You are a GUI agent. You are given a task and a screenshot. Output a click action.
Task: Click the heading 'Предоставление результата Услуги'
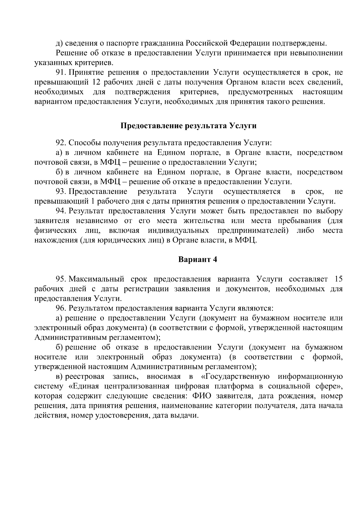click(x=188, y=126)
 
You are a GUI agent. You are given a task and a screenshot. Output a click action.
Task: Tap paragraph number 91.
click(x=61, y=73)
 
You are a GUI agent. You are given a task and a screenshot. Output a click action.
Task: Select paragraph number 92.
click(x=61, y=142)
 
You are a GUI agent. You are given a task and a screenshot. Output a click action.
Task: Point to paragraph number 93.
click(x=61, y=191)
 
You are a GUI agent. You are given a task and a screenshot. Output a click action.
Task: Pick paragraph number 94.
click(x=61, y=211)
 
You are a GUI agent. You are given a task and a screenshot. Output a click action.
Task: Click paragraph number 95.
click(x=61, y=279)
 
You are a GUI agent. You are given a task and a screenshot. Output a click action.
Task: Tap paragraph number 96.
click(x=61, y=308)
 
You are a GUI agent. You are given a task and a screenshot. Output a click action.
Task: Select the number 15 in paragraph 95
click(x=338, y=279)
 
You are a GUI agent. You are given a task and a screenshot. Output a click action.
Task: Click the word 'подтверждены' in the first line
click(x=300, y=43)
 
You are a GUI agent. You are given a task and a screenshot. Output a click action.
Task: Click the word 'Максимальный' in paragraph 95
click(x=96, y=279)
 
